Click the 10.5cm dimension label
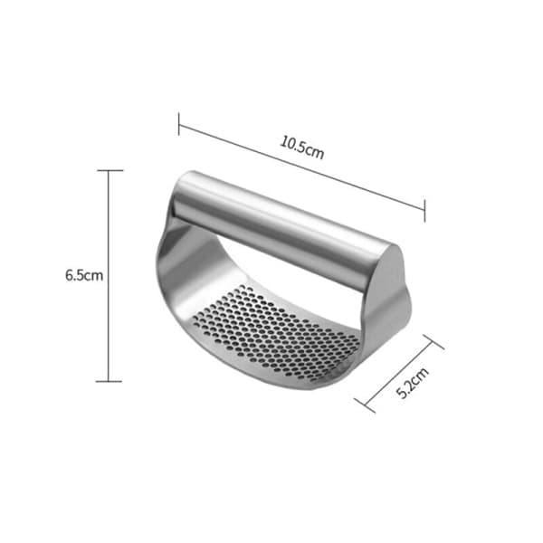(x=302, y=148)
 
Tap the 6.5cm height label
(x=84, y=276)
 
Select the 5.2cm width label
(x=412, y=383)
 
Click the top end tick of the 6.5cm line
(x=110, y=170)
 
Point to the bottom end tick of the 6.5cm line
(x=109, y=381)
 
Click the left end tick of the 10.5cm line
(x=178, y=124)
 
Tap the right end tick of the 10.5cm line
(x=424, y=210)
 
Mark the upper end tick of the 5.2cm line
(x=433, y=342)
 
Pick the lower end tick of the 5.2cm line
(x=365, y=405)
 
